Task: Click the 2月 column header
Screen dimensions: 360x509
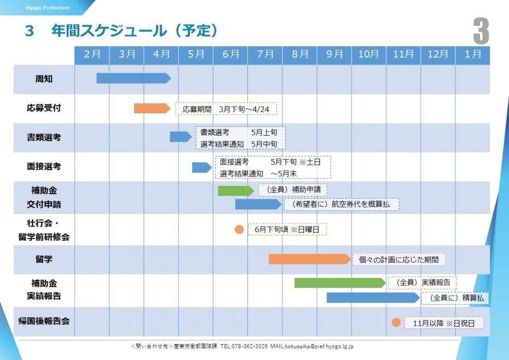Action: click(x=92, y=55)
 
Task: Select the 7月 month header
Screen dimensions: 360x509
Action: click(x=265, y=55)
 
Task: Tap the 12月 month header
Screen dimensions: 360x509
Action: click(x=438, y=55)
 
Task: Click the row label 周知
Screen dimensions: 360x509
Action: click(x=44, y=79)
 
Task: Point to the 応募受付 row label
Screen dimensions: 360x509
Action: click(x=44, y=108)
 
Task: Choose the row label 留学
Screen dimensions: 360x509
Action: click(x=44, y=259)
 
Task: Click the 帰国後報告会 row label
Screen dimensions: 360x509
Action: click(x=44, y=322)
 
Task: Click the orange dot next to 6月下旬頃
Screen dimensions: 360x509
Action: click(x=239, y=229)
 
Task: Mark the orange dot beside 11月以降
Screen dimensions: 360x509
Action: click(x=396, y=323)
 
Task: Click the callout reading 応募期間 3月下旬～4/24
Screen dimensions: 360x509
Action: click(x=226, y=109)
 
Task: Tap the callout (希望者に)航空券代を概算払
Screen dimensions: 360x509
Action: click(x=342, y=204)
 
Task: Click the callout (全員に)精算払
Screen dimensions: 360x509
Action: click(x=454, y=298)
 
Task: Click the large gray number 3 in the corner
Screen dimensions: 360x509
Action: click(x=481, y=31)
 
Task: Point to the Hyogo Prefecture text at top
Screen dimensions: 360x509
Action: click(x=48, y=8)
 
